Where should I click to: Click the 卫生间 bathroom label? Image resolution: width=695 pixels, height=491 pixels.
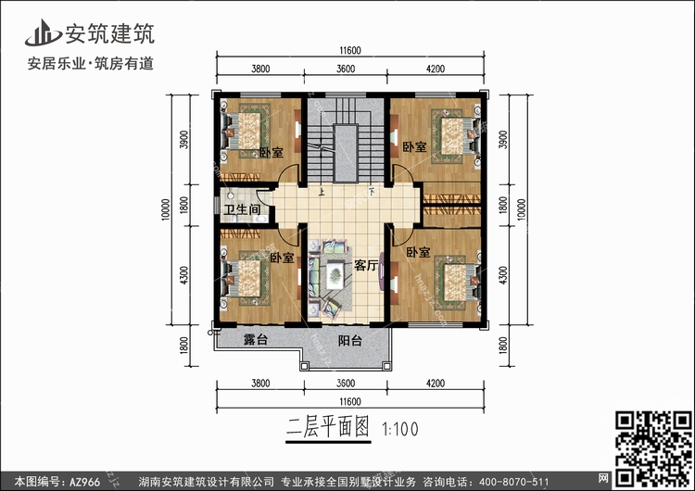tap(242, 209)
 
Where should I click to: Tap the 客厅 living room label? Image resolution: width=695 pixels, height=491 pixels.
tap(366, 266)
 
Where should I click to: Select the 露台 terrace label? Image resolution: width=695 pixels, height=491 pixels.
tap(256, 340)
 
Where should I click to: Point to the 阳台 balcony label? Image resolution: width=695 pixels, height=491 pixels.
tap(350, 340)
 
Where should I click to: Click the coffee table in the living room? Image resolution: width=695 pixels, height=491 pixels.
tap(335, 275)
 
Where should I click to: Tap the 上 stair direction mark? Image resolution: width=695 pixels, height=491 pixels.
tap(322, 193)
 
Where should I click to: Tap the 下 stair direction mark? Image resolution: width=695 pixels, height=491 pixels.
tap(372, 193)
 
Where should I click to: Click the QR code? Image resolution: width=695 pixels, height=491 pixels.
tap(653, 448)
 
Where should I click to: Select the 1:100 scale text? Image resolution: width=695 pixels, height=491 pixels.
tap(400, 429)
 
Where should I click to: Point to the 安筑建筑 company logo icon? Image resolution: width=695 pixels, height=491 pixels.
tap(43, 32)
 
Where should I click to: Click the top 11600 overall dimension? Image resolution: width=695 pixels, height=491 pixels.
tap(350, 51)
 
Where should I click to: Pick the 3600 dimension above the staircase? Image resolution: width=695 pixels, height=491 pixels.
tap(346, 69)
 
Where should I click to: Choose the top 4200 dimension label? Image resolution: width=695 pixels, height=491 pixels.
tap(436, 69)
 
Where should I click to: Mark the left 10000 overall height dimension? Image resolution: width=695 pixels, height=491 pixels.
tap(165, 209)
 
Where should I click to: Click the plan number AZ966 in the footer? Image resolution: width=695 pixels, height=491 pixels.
tap(84, 482)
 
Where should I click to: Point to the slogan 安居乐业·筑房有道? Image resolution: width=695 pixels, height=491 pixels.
tap(91, 63)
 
